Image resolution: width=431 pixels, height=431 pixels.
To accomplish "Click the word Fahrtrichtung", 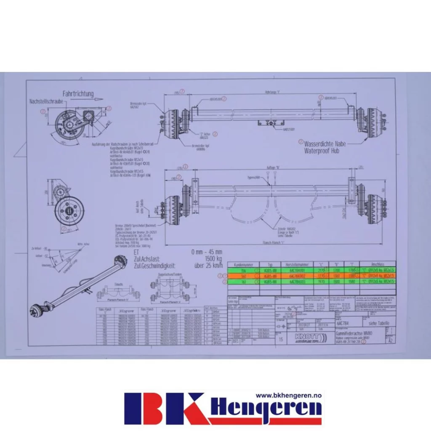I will [x=78, y=94].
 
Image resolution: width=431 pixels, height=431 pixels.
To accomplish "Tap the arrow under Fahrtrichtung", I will [x=82, y=100].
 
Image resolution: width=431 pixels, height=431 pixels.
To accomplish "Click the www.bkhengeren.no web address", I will [x=289, y=396].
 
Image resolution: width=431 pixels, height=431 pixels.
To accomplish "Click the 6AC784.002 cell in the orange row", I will [x=298, y=276].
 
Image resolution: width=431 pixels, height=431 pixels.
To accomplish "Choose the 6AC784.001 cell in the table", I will [x=298, y=270].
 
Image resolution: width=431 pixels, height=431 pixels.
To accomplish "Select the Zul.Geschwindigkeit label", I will [x=153, y=266].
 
